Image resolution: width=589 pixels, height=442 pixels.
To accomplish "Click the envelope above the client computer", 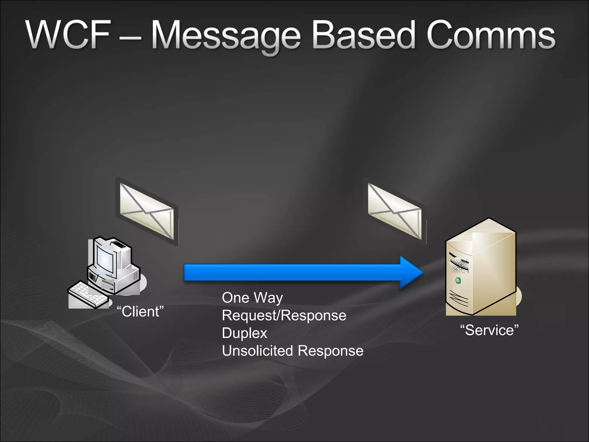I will (x=147, y=212).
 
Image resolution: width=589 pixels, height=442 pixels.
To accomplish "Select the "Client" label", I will (x=140, y=312).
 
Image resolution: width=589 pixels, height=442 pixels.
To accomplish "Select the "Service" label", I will (x=489, y=330).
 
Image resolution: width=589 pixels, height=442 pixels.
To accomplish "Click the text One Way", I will (x=252, y=298).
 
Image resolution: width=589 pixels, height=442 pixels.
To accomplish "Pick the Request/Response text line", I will (x=284, y=315).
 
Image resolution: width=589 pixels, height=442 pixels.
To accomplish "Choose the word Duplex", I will (x=244, y=333).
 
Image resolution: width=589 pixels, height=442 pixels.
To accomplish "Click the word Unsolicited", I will (x=257, y=351).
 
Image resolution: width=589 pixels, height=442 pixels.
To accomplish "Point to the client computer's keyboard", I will (x=86, y=294).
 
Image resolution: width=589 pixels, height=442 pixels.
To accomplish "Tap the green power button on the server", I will (x=458, y=280).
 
